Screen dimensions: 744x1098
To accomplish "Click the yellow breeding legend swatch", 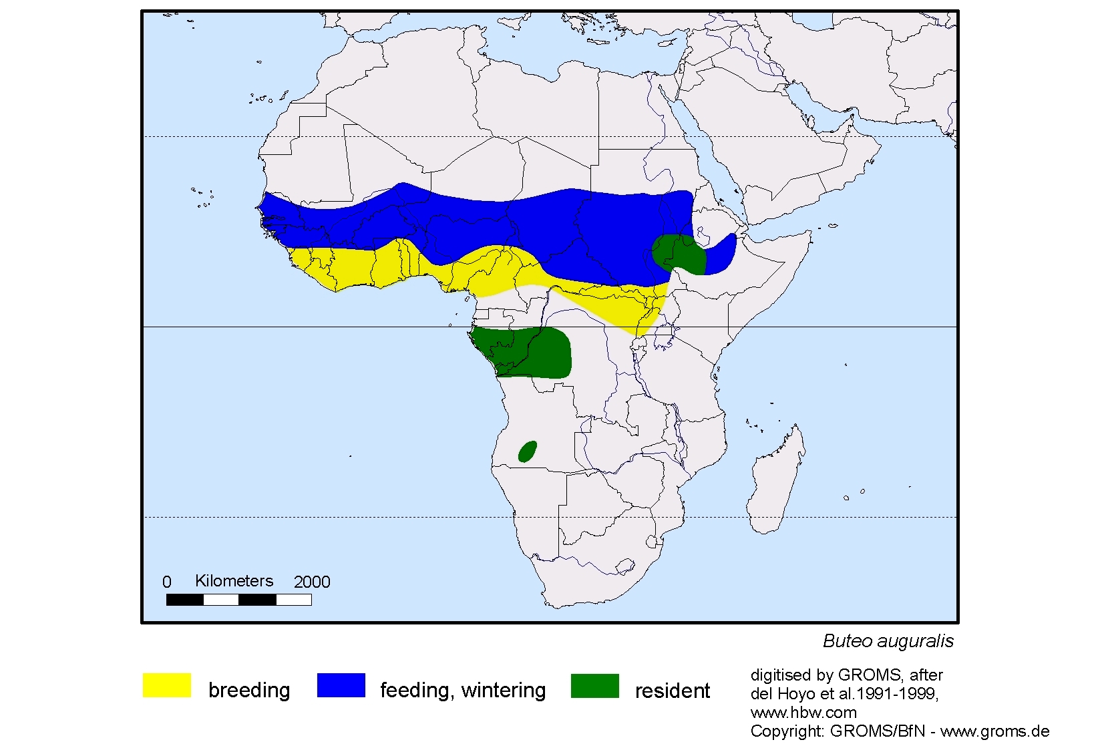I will pos(166,685).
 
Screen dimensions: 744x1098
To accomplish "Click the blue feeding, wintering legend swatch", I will pos(341,685).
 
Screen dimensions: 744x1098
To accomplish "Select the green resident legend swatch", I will pos(594,685).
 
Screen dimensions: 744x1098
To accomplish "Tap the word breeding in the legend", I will pos(249,690).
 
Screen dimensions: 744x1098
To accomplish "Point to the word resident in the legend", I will pos(672,690).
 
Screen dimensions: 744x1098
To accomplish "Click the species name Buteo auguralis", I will pos(888,641).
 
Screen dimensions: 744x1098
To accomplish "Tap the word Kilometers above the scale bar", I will pos(234,581).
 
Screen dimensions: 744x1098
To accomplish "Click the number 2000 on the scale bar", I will pos(312,582).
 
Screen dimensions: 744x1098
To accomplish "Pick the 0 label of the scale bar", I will pos(167,582).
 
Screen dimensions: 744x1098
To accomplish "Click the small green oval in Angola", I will pos(528,451).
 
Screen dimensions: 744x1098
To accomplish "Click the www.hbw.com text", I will pos(803,713).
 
